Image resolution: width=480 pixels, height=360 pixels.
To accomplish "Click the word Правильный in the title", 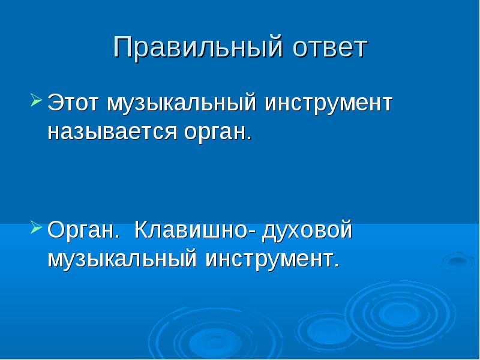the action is click(197, 47).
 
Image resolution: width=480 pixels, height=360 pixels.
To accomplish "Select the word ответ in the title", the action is click(329, 49).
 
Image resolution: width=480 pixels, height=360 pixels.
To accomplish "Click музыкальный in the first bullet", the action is click(181, 104).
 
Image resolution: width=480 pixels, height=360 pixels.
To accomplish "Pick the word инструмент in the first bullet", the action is click(328, 104).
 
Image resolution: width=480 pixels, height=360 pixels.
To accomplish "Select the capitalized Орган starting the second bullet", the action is click(83, 230).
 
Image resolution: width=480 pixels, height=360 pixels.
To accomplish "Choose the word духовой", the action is click(307, 230).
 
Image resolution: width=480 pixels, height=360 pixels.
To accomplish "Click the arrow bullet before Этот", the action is click(36, 100).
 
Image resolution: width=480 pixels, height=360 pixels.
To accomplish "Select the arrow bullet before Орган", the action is click(36, 228).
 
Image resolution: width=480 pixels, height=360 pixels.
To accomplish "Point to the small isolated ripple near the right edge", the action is click(457, 261).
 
